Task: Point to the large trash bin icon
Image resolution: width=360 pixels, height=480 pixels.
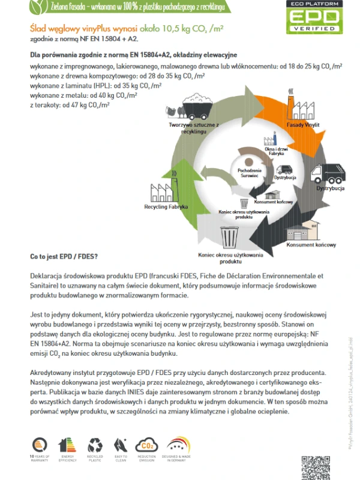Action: coord(230,237)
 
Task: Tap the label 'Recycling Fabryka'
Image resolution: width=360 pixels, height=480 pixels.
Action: coord(166,207)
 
